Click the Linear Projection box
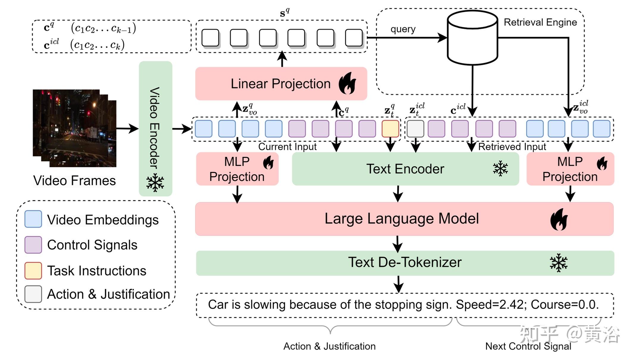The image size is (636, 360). click(281, 84)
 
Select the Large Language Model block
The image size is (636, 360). click(402, 219)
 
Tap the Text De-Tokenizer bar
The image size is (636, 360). click(405, 263)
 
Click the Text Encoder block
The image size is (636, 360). click(405, 169)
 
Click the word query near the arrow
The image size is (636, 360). click(403, 29)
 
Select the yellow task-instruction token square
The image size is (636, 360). click(390, 129)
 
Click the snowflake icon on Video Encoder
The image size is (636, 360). click(155, 183)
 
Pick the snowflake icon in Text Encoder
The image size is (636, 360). click(500, 169)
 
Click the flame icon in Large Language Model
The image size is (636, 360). click(559, 219)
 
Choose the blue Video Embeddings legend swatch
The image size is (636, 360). click(33, 219)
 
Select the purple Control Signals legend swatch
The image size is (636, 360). click(33, 245)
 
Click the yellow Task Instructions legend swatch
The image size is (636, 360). click(33, 270)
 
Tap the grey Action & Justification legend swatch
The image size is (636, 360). click(33, 294)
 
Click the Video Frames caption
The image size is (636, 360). click(74, 181)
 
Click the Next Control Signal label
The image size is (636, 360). click(528, 346)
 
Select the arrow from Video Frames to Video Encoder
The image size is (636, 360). click(127, 129)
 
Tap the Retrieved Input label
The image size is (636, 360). click(512, 147)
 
